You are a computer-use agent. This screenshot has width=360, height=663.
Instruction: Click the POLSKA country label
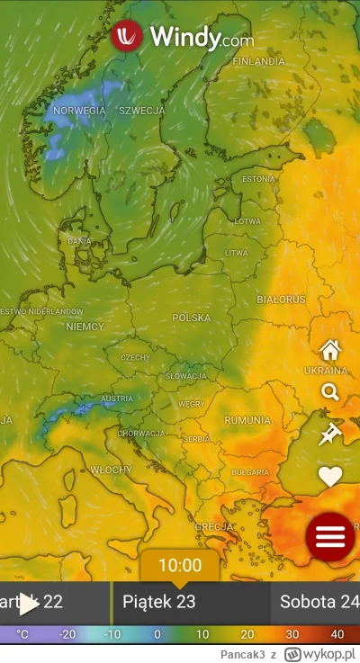191,318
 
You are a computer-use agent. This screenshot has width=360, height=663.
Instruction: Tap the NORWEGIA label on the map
79,111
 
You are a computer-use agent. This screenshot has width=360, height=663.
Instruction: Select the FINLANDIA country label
258,62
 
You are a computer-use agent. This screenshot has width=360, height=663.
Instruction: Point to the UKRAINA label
325,371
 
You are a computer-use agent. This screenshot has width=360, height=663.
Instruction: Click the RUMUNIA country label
247,420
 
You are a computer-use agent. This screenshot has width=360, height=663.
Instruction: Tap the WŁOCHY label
112,470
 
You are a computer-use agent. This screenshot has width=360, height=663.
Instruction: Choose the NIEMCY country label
85,327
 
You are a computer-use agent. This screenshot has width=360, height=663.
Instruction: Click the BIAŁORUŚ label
281,299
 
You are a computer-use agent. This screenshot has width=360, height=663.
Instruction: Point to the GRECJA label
214,527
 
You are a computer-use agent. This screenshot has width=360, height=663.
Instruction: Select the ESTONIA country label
258,179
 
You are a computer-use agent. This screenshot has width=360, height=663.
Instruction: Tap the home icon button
330,350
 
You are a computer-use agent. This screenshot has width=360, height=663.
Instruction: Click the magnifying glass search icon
330,392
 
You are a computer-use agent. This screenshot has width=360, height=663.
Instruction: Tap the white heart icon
330,476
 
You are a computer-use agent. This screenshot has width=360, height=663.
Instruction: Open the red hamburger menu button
330,536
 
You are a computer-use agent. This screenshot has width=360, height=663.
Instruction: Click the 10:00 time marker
180,566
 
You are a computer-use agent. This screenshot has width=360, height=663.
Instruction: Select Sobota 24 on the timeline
319,602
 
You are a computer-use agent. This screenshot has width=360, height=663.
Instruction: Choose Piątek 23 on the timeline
159,602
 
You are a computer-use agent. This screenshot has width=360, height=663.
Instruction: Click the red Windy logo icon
127,37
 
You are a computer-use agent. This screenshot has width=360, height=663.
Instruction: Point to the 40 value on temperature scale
337,634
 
